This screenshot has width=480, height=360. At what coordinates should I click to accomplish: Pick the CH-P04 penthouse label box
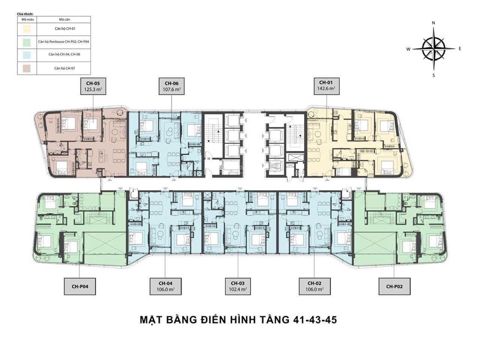tap(80, 286)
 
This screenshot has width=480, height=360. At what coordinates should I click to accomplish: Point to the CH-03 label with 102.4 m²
tap(238, 286)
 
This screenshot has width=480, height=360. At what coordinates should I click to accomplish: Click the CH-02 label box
tap(314, 286)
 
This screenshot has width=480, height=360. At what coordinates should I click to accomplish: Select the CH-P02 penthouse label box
tap(395, 286)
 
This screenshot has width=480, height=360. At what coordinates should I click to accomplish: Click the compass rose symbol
tap(434, 48)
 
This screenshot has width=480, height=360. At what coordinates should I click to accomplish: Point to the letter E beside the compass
tap(460, 49)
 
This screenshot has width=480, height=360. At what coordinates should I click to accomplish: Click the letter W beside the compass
tap(408, 49)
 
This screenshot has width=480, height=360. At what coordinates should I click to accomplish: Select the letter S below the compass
tap(434, 75)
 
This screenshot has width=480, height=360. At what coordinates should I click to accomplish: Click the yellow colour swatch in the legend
tap(27, 29)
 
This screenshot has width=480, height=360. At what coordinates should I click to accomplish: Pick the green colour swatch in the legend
tap(27, 42)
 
